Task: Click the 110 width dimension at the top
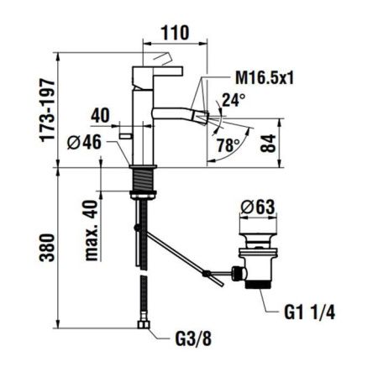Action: point(175,33)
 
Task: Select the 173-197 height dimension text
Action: point(47,111)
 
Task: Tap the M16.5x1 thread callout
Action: point(265,77)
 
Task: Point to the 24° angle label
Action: point(234,100)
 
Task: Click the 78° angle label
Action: point(228,145)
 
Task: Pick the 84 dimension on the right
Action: point(268,143)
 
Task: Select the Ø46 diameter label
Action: point(84,142)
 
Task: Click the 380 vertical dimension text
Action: point(47,248)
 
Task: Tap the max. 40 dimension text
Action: point(92,230)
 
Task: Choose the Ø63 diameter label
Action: point(258,207)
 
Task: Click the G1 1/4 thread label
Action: point(309,312)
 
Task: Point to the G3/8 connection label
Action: point(193,339)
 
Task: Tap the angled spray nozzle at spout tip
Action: point(203,118)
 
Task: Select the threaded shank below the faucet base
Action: point(143,180)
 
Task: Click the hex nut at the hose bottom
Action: point(144,324)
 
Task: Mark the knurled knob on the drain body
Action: point(237,273)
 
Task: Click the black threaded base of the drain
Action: point(259,285)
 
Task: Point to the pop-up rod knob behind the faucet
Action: point(125,136)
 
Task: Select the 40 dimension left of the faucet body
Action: point(100,115)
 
